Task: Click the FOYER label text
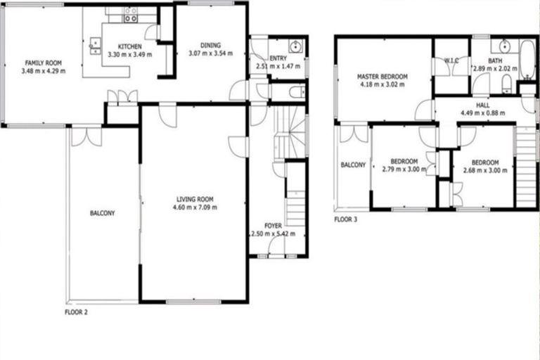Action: pos(272,226)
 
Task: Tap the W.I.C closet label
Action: pos(451,61)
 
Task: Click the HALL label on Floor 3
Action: pos(482,105)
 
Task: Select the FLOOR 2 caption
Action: pos(76,310)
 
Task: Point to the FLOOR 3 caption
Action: pos(346,219)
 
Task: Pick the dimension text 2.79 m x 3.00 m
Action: pos(403,169)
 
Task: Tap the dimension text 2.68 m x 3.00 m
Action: pos(485,169)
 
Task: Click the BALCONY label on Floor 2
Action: pos(103,213)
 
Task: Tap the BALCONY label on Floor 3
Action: pos(353,165)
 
